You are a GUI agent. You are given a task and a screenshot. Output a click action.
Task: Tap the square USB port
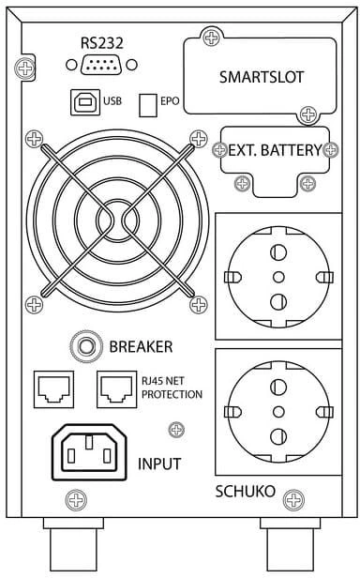point(85,101)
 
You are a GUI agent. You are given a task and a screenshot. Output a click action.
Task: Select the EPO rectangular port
point(148,105)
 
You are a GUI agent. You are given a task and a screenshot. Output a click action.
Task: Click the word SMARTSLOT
point(262,77)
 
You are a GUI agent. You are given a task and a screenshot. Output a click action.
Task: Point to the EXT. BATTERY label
point(276,150)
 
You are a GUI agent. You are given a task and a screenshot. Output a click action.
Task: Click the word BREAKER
point(141,347)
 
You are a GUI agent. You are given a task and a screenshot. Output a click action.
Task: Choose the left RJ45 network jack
point(53,389)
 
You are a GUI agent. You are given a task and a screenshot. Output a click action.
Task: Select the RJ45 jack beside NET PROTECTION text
point(117,389)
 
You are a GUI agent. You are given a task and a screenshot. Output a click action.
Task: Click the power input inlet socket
point(89,452)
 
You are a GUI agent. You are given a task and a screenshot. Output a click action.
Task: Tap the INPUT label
point(159,464)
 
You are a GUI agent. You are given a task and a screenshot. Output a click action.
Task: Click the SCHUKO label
point(245,492)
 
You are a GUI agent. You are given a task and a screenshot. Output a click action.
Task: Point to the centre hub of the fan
point(117,221)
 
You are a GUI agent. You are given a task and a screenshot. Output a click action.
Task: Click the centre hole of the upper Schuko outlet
point(278,277)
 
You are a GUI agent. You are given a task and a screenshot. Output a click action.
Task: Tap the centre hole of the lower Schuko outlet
point(278,411)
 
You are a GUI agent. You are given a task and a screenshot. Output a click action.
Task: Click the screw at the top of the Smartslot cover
point(212,38)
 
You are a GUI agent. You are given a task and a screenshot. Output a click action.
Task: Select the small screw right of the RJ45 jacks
point(176,430)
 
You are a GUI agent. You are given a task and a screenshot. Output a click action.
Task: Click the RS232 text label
point(101,43)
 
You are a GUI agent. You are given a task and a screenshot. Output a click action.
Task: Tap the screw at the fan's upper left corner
point(35,139)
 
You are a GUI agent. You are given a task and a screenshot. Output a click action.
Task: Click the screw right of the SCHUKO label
point(293,500)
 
